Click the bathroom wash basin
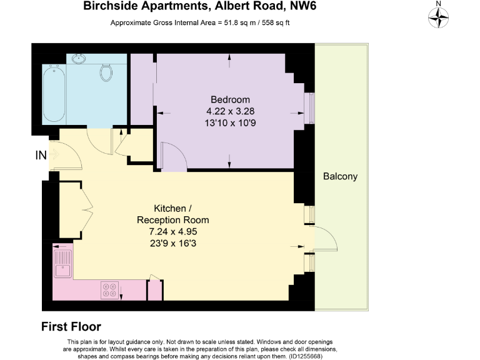click(79, 59)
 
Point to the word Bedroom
click(230, 99)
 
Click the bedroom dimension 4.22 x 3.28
click(230, 111)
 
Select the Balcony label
click(340, 176)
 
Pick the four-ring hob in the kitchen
click(109, 289)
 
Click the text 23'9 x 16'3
click(172, 244)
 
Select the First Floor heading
click(71, 326)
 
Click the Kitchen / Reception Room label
click(172, 214)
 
